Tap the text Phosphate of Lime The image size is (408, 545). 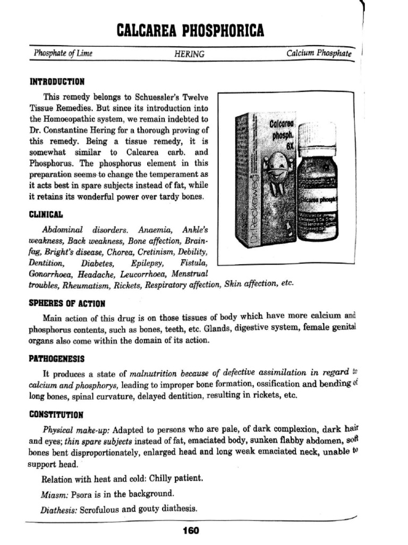point(63,54)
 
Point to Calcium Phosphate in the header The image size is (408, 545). point(319,54)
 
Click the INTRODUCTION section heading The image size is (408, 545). point(57,82)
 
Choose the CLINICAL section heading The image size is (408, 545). point(46,214)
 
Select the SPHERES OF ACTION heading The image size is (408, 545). point(66,303)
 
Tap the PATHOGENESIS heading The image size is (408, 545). point(56,359)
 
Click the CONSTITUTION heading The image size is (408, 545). point(56,415)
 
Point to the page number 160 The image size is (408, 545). point(190,530)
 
